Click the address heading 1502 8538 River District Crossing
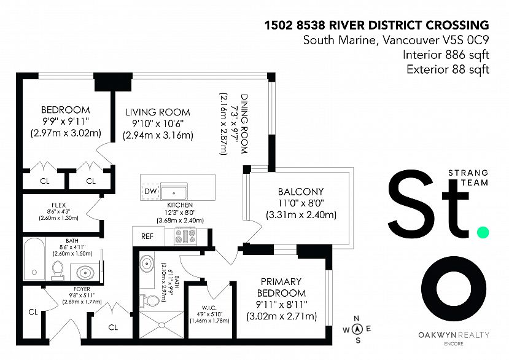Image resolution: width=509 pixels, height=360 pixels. click(376, 25)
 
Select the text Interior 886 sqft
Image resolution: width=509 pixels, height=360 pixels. click(446, 55)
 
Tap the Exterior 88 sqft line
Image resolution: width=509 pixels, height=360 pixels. click(448, 69)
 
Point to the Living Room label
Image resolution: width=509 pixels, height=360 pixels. click(158, 112)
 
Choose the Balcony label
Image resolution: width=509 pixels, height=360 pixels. click(300, 192)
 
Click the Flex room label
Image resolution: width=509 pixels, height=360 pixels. click(59, 205)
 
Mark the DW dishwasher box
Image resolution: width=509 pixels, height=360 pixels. click(150, 192)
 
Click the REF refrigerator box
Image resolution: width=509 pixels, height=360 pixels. click(147, 235)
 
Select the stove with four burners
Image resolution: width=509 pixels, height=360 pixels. click(185, 236)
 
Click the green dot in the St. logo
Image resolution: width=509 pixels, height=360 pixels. click(483, 232)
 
